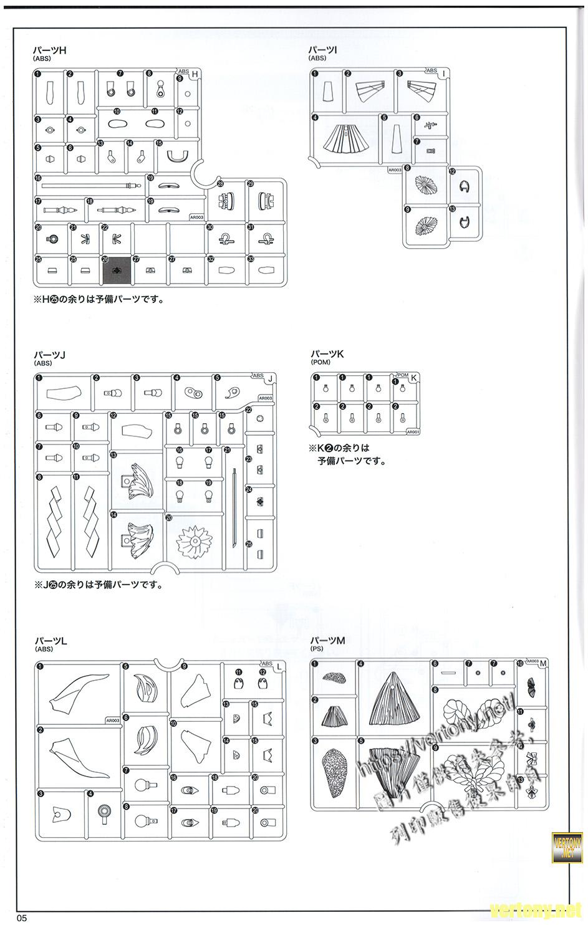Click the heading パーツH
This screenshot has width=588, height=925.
[x=50, y=50]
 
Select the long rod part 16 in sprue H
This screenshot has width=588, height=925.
[x=87, y=185]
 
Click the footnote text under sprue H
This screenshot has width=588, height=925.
[x=99, y=299]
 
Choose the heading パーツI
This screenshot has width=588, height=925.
[x=322, y=50]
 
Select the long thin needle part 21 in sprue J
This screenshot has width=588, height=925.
[x=233, y=508]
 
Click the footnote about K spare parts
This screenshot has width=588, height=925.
[x=345, y=454]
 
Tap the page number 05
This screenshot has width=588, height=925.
[x=22, y=918]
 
